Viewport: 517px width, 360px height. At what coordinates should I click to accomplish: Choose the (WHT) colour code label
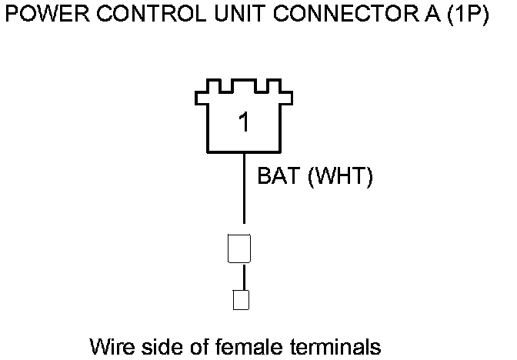(339, 178)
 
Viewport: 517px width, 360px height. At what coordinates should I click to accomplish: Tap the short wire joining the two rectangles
(244, 276)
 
